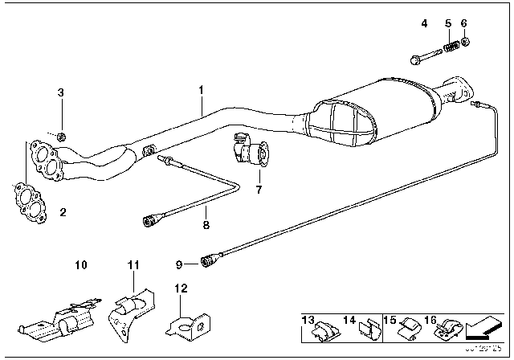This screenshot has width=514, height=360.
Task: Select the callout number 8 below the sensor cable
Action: (x=206, y=225)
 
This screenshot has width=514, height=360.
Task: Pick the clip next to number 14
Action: (x=365, y=329)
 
